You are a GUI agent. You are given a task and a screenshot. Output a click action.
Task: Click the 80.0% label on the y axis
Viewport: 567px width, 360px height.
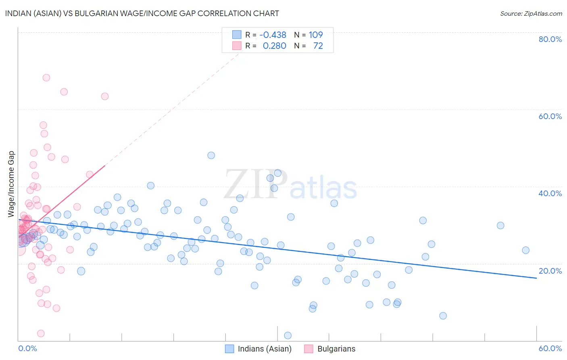click(x=550, y=39)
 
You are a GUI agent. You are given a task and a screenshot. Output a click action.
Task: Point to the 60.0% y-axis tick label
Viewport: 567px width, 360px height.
click(x=550, y=116)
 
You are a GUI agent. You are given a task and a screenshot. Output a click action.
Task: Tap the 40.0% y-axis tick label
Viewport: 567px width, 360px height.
click(x=550, y=193)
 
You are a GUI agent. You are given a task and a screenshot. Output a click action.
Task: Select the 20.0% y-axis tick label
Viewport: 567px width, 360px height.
click(x=550, y=271)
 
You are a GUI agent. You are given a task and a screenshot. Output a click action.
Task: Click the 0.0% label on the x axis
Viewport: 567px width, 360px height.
click(x=27, y=349)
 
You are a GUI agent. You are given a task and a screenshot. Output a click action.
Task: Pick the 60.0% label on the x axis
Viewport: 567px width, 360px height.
click(x=550, y=349)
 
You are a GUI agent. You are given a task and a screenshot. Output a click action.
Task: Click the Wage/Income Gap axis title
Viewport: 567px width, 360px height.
click(x=11, y=184)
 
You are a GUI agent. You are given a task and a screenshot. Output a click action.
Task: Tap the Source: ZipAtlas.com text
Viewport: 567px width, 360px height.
click(x=531, y=13)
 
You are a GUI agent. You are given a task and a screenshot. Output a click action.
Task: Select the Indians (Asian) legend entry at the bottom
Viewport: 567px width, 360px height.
click(x=264, y=349)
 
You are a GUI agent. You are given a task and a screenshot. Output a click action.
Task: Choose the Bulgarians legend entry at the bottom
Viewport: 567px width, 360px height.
click(x=336, y=349)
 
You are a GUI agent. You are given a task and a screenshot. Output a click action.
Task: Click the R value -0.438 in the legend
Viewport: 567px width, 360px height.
click(x=273, y=35)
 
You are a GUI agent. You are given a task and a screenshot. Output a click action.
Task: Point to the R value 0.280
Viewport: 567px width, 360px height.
click(x=274, y=46)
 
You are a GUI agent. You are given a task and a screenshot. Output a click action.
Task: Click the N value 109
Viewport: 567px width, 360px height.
click(x=316, y=35)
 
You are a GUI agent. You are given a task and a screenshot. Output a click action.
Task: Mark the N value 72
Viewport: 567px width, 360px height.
click(x=318, y=46)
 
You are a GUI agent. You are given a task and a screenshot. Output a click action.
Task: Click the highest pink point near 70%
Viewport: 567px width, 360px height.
click(x=46, y=77)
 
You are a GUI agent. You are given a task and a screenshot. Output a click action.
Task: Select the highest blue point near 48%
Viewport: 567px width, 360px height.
click(x=211, y=155)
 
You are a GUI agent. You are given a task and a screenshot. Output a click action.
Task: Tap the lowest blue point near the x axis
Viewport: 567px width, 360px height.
click(x=288, y=335)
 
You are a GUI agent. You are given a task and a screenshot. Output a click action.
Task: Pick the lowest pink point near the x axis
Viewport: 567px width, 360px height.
click(x=41, y=333)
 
